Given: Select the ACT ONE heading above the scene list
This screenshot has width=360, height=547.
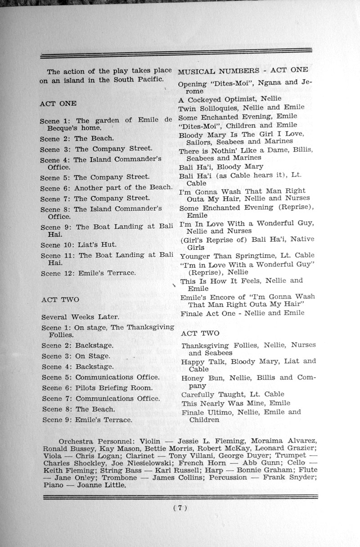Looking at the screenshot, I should (58, 104).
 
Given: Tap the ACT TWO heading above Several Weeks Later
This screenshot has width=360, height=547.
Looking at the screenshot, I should (60, 299).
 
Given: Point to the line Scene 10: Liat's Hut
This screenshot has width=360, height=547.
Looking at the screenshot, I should (79, 245).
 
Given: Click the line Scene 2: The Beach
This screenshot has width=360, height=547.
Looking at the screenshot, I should (76, 139).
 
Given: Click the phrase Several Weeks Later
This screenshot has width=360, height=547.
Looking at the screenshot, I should (80, 317).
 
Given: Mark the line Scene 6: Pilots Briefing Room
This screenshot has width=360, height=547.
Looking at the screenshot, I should (97, 388).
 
